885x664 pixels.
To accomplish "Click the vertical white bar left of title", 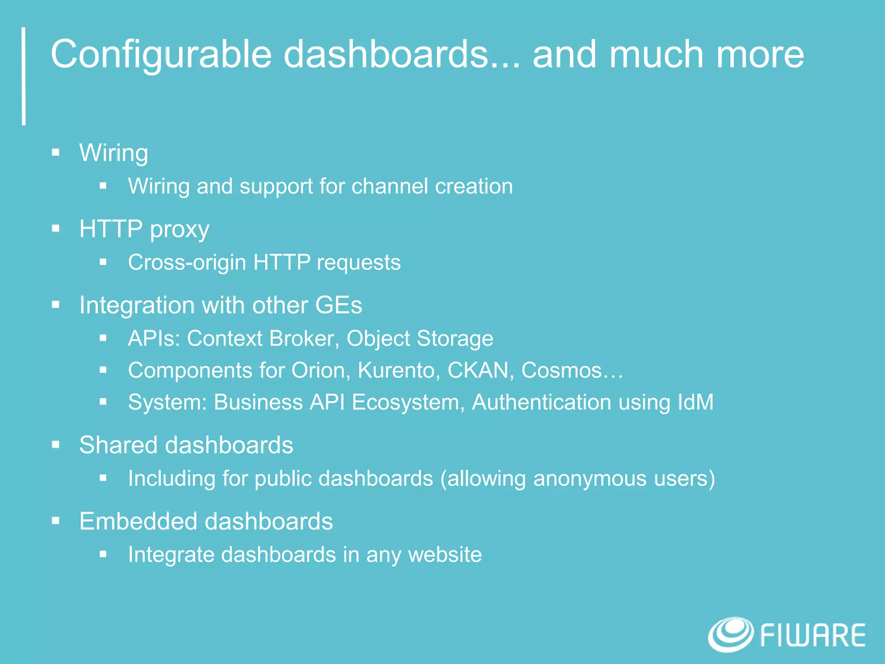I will click(24, 76).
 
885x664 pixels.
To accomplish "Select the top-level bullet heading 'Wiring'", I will click(114, 153).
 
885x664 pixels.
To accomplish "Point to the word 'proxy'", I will click(179, 230).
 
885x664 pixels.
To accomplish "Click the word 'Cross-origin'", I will click(187, 262).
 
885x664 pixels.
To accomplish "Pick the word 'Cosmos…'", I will click(572, 370).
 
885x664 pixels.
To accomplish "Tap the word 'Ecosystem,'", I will click(408, 402).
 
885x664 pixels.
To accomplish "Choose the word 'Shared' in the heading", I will click(118, 445).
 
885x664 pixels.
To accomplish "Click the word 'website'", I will click(445, 555).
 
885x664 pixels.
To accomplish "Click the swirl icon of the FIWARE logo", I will click(731, 634).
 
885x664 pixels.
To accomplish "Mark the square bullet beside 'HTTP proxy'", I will click(56, 229).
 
